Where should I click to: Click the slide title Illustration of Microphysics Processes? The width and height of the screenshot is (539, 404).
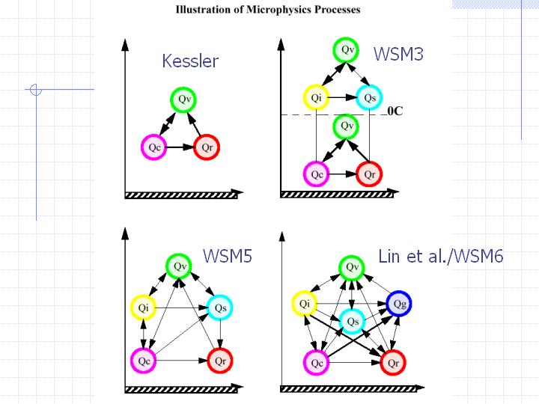(267, 10)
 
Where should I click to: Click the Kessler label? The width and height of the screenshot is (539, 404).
(190, 61)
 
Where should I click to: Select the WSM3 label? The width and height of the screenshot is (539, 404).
(398, 54)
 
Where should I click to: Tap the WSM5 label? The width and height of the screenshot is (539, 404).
(228, 257)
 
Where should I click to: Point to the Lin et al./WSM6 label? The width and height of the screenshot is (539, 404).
(440, 257)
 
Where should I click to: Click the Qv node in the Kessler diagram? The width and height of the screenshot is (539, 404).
(183, 100)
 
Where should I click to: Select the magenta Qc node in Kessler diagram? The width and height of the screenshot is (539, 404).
(154, 147)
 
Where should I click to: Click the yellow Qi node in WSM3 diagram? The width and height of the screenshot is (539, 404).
(317, 97)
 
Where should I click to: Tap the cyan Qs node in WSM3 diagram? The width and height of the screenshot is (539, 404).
(369, 97)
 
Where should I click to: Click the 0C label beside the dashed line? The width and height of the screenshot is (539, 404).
(395, 114)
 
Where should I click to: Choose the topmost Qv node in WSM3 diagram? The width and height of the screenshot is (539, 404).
(347, 50)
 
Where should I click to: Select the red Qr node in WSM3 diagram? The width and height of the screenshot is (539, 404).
(368, 174)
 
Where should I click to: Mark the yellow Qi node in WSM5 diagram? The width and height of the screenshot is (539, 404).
(141, 307)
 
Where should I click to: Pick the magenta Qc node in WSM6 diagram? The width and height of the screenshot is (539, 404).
(317, 362)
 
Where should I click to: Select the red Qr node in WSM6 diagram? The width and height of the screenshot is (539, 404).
(393, 362)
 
